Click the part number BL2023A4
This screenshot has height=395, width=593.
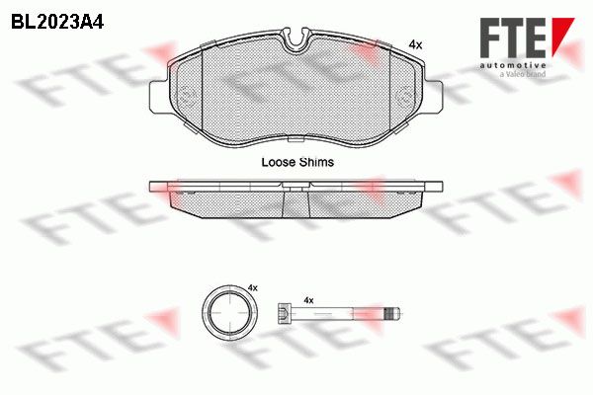[57, 23]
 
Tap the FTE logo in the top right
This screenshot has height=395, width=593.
[527, 38]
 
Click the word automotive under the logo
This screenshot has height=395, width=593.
[513, 65]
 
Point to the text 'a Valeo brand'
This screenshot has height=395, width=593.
[523, 74]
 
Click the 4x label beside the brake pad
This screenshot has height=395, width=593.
[415, 45]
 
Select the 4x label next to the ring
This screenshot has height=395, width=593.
[253, 288]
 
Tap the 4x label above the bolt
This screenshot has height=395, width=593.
[308, 300]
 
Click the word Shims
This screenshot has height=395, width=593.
[316, 162]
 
